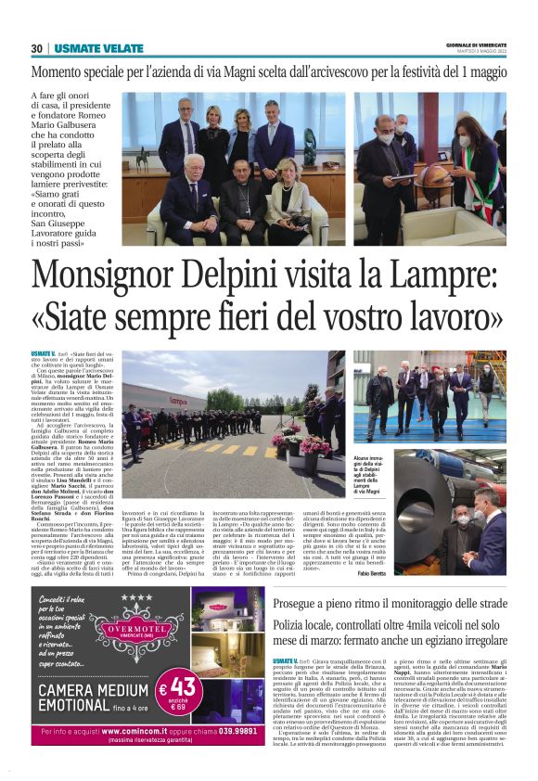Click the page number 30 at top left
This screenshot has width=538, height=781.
coord(36,48)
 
